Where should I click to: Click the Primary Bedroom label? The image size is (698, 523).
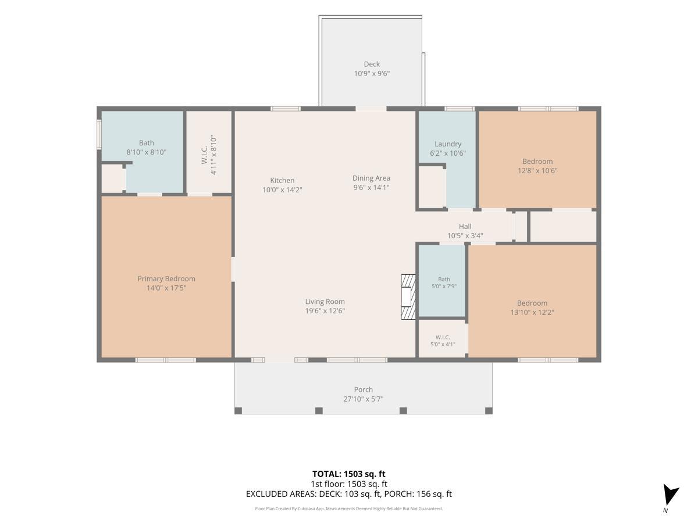166,278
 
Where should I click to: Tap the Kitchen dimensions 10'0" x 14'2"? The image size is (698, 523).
282,190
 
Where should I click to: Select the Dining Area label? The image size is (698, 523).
371,178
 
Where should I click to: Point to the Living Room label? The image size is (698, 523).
325,302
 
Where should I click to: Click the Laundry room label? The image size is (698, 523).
448,144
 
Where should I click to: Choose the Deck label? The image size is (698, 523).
372,64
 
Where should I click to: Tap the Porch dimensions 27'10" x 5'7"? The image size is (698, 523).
363,399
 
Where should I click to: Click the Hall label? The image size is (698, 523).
465,227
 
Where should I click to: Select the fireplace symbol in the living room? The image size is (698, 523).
408,297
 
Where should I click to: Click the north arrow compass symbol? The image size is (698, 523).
669,496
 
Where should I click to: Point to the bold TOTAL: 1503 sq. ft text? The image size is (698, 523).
348,474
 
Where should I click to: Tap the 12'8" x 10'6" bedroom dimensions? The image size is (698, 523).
537,171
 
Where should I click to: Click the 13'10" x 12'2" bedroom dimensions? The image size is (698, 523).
532,313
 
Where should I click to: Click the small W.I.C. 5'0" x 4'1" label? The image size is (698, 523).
442,341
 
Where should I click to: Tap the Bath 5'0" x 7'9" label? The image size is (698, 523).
444,282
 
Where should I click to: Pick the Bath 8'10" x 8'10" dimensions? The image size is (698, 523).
146,152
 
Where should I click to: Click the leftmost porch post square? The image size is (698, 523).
238,411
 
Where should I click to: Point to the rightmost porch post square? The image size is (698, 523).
489,411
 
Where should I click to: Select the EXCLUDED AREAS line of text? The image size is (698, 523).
348,494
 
